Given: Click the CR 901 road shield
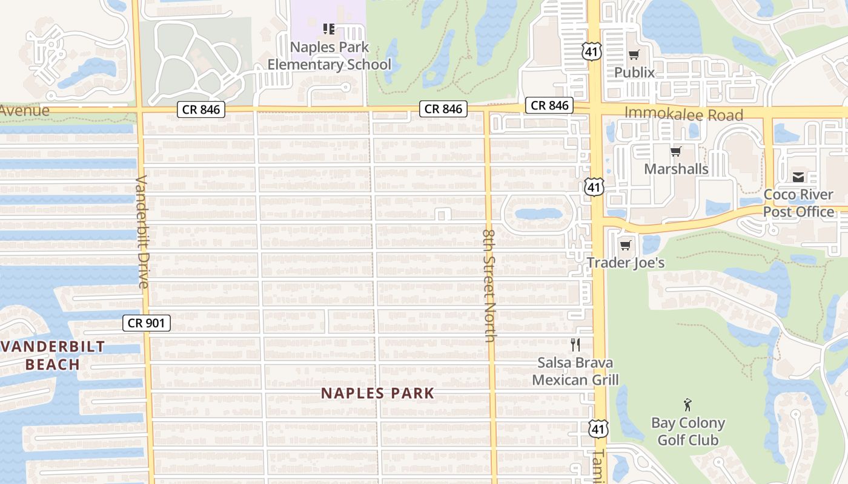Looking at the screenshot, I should [x=147, y=323].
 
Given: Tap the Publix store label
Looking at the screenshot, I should [x=634, y=73].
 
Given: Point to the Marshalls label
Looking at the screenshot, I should [x=676, y=169].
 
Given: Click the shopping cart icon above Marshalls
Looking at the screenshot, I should [x=676, y=151].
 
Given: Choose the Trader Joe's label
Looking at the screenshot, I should [x=626, y=263].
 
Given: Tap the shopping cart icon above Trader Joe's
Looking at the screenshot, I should [x=626, y=245].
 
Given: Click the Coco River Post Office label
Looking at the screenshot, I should [x=798, y=203].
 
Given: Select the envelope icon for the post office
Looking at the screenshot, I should [x=798, y=177].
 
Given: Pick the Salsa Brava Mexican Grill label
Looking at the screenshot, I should [x=575, y=371].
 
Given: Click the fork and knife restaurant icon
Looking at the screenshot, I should [x=575, y=345].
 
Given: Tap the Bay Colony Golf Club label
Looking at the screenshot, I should [x=688, y=431].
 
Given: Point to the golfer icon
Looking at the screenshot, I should [x=687, y=405].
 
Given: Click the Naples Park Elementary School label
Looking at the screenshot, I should [x=330, y=56].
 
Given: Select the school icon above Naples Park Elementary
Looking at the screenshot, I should [x=329, y=28].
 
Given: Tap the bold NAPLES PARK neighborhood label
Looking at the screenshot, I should [x=378, y=393].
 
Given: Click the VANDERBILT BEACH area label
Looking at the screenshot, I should [x=53, y=356].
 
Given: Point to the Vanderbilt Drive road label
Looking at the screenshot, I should [x=143, y=232].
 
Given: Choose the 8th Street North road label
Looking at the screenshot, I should [x=489, y=285].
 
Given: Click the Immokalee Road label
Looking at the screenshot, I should [x=683, y=114].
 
